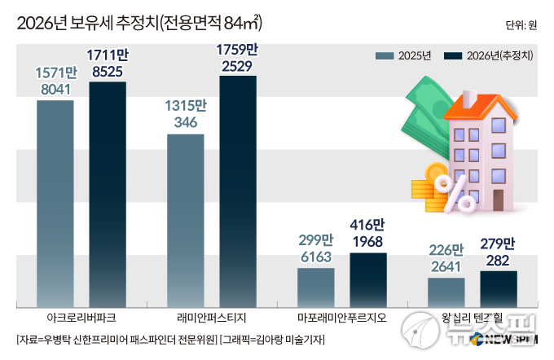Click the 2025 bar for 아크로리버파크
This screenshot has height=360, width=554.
click(55, 202)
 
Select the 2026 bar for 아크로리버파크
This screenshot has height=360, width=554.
click(107, 193)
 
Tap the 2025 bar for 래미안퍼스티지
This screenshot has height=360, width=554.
click(185, 219)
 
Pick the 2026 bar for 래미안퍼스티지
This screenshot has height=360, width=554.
click(237, 190)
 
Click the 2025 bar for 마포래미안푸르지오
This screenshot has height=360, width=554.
click(315, 285)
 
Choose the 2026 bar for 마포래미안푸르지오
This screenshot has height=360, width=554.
click(367, 279)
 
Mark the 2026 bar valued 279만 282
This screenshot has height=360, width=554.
click(498, 288)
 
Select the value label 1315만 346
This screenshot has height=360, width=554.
click(185, 115)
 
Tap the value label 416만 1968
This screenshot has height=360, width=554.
click(367, 233)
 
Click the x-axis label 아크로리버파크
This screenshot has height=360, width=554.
click(81, 316)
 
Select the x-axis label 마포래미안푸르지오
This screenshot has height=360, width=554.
click(342, 316)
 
